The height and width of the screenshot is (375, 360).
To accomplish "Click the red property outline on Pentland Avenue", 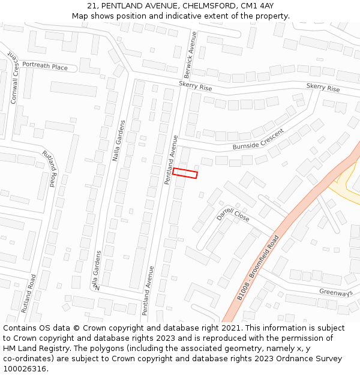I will [185, 173].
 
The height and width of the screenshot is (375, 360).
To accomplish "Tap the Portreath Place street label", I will [45, 67].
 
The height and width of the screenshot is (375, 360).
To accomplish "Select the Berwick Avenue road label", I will [190, 52].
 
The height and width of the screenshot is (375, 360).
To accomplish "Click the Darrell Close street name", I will [233, 215].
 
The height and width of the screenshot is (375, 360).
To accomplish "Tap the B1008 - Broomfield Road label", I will [258, 267].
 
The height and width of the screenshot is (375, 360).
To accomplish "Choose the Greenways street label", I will [335, 293].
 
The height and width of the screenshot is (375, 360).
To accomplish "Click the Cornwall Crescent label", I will [14, 79].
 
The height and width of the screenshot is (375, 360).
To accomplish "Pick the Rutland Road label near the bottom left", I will [28, 293].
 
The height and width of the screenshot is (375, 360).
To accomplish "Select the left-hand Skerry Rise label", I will [195, 87].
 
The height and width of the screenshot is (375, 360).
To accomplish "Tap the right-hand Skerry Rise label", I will [323, 88].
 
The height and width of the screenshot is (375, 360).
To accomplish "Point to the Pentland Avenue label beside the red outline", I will [172, 160].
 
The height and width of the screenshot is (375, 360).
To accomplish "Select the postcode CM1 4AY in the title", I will [257, 6].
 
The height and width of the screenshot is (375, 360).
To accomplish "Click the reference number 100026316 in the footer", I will [25, 368].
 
